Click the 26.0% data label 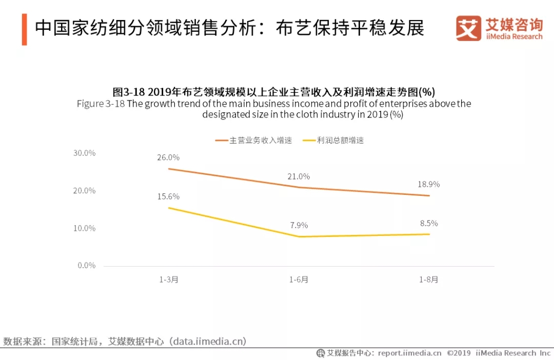168,157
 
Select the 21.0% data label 299,176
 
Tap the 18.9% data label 429,184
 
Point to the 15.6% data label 168,196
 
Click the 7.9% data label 299,225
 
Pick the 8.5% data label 429,224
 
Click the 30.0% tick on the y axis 85,153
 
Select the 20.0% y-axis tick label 85,191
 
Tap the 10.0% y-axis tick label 85,228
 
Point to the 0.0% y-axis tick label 87,266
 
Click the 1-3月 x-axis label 168,280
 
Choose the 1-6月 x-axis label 299,280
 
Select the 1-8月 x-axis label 429,280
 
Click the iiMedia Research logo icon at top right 468,29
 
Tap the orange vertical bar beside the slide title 24,29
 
